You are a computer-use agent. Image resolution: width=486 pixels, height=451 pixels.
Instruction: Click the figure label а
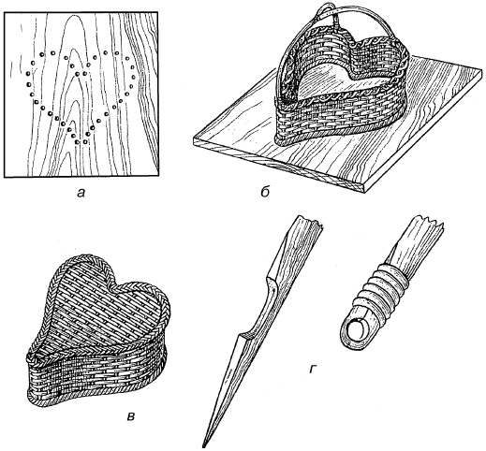tap(81, 194)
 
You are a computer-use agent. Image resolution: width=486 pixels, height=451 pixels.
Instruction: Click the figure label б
tap(265, 192)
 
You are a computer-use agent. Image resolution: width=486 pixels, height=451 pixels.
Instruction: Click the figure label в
tap(132, 416)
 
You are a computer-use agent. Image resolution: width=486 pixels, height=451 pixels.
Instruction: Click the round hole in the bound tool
tap(357, 330)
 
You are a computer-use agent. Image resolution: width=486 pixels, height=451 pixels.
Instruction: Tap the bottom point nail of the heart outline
tap(81, 142)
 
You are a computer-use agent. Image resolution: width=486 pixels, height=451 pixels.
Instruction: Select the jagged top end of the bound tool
tap(429, 221)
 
